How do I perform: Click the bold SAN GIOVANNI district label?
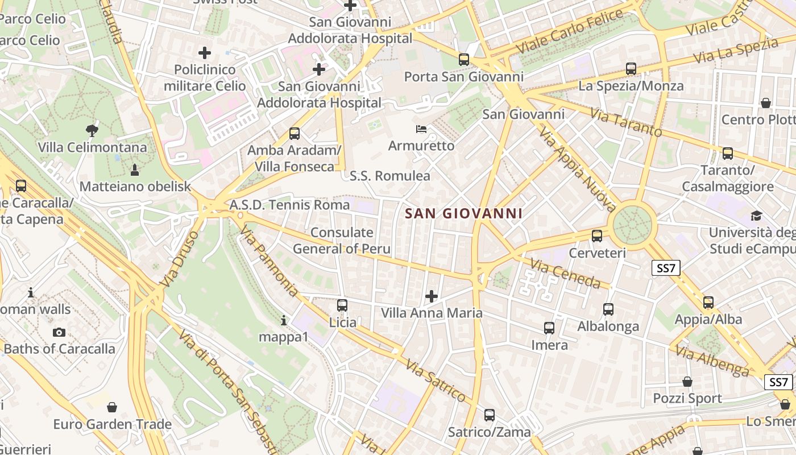(463, 214)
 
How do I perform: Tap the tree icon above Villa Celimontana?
(92, 131)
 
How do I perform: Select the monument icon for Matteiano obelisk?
(135, 169)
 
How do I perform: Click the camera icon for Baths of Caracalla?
(59, 332)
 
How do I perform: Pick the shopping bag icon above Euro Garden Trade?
(112, 407)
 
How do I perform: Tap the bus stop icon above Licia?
(342, 305)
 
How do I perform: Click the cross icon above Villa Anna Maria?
(432, 296)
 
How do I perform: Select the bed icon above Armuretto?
(421, 129)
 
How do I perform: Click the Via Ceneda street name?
(565, 273)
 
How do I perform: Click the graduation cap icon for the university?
(756, 216)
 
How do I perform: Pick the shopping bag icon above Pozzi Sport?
(687, 381)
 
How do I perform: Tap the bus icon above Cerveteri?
(597, 235)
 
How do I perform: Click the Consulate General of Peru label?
(342, 241)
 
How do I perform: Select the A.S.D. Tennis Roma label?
(289, 205)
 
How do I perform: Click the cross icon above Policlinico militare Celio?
(205, 53)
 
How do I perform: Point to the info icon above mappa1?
(284, 320)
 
